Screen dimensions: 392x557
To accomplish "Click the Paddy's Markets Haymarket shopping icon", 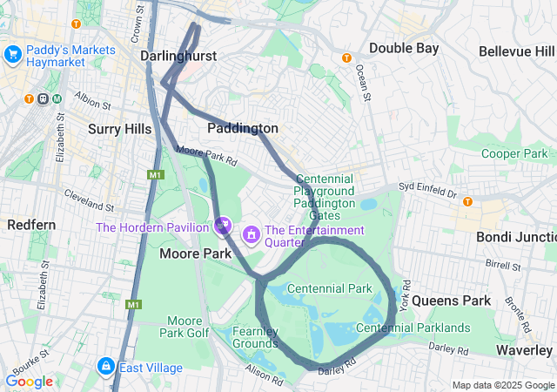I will point(13,55).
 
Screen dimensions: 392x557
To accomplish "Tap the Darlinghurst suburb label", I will point(178,56).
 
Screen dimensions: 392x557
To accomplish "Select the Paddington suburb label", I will point(243,128).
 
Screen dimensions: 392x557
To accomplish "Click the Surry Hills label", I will point(120,129).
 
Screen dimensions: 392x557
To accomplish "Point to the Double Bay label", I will point(404,48).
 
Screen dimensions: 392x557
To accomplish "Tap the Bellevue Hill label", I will point(517,51).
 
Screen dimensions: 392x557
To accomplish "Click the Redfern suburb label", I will point(31,225).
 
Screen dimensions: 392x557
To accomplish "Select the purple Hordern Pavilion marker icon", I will point(223,227).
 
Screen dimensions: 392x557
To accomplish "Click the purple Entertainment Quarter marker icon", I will point(252,233).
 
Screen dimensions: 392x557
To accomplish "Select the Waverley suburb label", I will point(524,349).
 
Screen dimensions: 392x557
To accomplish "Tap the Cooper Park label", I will point(513,153).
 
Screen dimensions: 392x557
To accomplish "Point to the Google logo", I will point(29,382).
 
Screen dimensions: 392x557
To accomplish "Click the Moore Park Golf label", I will point(185,327).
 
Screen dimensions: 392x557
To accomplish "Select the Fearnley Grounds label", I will point(255,337).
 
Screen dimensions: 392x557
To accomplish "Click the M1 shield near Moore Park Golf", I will point(133,305).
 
